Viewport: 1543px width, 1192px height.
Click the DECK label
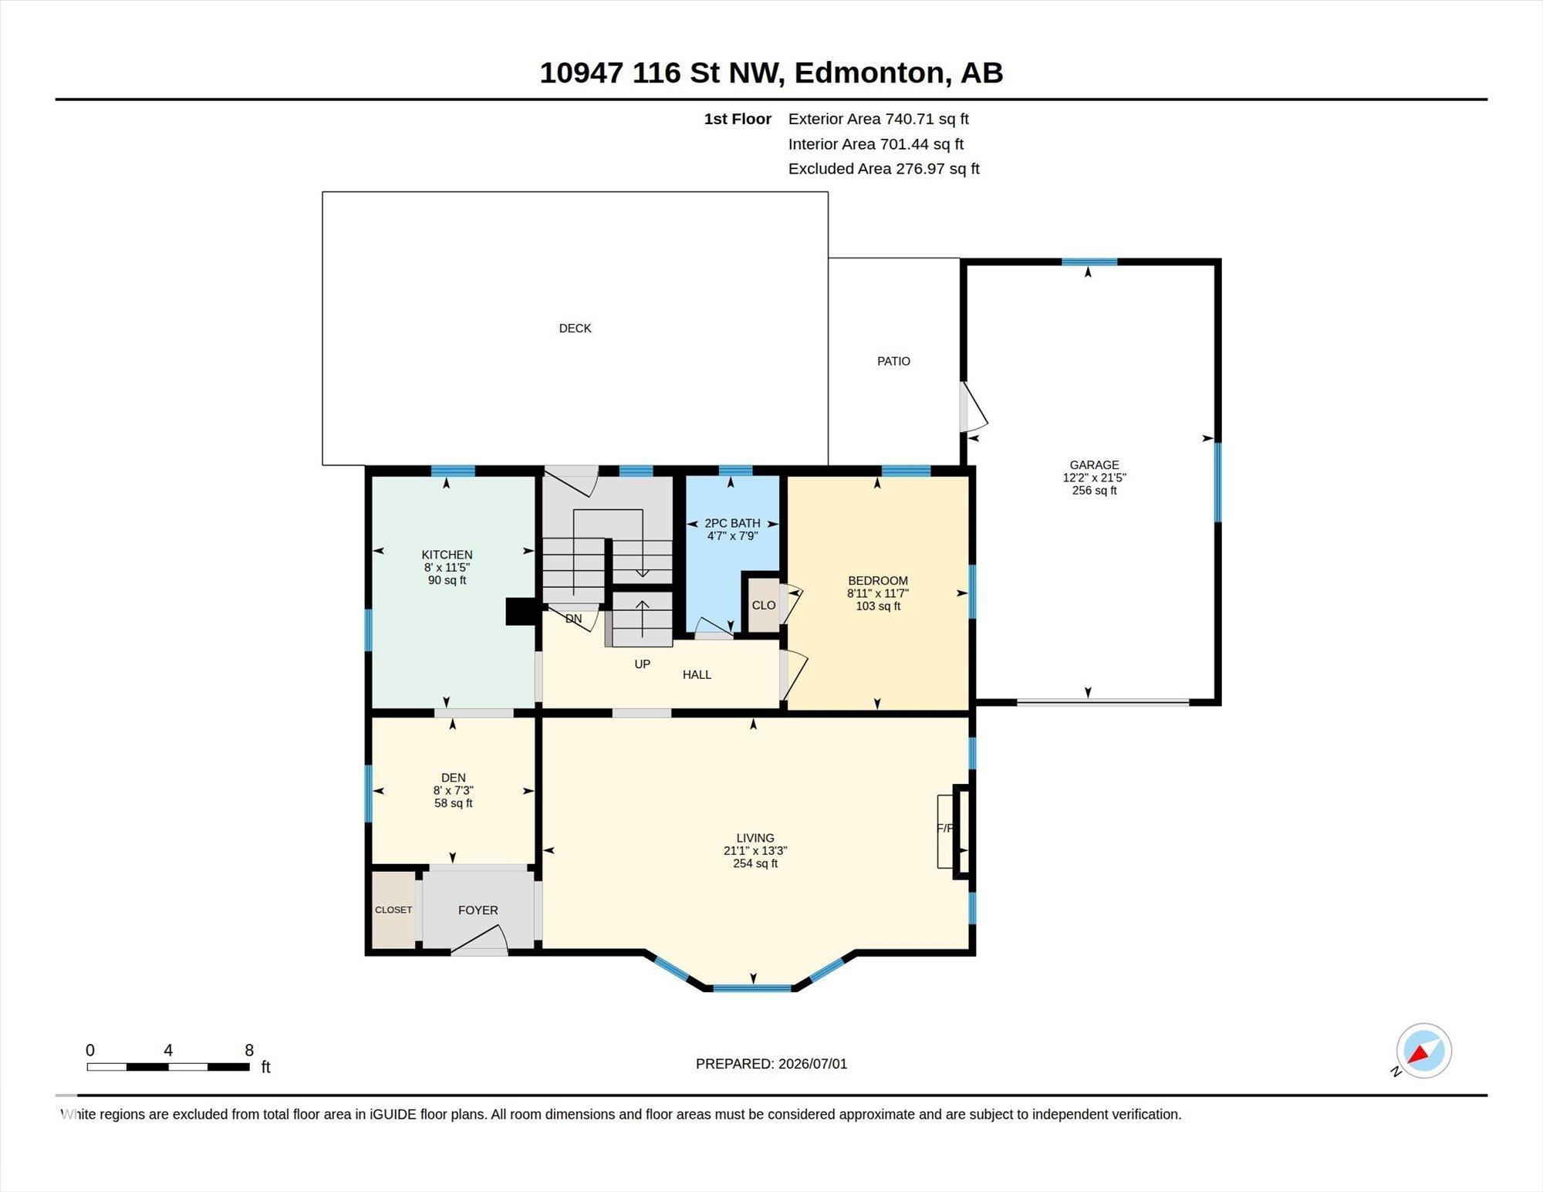click(x=575, y=329)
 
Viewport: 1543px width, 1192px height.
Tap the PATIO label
click(x=893, y=361)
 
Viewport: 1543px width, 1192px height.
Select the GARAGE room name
click(x=1094, y=465)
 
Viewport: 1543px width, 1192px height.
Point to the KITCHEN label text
click(x=447, y=555)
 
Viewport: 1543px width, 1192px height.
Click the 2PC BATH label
click(x=732, y=523)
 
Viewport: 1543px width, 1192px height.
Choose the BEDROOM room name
click(x=878, y=581)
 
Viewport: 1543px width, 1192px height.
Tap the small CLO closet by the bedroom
click(x=764, y=605)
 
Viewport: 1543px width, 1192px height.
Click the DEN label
click(x=454, y=778)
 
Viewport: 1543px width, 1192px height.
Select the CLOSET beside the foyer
click(x=393, y=910)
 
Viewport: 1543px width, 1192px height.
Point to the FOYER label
click(x=478, y=910)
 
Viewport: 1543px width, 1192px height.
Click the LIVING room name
click(x=755, y=838)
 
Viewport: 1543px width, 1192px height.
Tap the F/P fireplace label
click(x=945, y=829)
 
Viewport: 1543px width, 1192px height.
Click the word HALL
click(x=697, y=675)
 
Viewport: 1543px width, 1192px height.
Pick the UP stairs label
click(x=642, y=664)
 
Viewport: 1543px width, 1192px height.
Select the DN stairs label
click(x=573, y=619)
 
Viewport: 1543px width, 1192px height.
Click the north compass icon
click(x=1423, y=1051)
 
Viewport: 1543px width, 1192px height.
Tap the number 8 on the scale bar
click(x=249, y=1050)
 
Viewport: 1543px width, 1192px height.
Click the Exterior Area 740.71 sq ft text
click(x=879, y=119)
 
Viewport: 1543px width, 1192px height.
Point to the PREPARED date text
click(x=771, y=1064)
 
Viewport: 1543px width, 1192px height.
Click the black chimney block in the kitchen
click(x=521, y=612)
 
